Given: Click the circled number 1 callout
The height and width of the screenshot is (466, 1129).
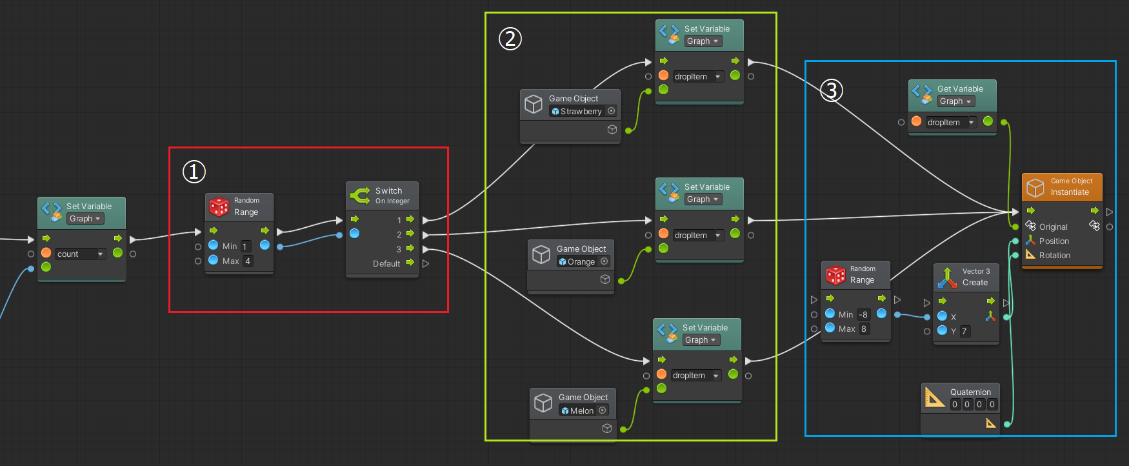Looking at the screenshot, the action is pos(194,172).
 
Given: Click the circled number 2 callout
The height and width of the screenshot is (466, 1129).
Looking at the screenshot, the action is pos(510,39).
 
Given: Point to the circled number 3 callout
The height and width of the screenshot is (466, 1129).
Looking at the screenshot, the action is pos(832,90).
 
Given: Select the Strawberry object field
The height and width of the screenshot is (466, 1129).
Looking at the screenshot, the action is pos(583,111).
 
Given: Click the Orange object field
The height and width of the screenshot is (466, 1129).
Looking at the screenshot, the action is pos(583,261).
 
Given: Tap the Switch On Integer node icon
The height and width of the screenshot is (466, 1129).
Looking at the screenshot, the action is pos(360,195).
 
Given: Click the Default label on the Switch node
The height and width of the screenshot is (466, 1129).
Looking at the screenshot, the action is pos(386,263).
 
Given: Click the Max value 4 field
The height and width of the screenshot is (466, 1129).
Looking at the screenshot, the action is pos(247,261).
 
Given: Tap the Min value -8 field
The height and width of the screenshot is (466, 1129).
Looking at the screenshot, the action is pos(863,314).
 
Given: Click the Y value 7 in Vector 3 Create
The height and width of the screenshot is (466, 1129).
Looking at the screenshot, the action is pos(964,331).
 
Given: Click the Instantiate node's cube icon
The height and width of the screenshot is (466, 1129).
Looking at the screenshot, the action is pos(1035,187).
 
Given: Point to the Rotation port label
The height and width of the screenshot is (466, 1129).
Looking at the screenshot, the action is pos(1055,255).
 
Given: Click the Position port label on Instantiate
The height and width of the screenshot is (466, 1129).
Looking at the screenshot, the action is pos(1054,241).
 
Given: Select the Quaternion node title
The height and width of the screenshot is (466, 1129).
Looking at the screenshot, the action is pos(970,392).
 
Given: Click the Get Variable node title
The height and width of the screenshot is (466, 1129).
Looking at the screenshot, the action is pos(960,88).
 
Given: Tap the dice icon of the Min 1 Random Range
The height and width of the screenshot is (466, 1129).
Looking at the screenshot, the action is pos(219,207).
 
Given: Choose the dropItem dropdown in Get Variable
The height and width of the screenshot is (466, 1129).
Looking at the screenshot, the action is pos(950,122).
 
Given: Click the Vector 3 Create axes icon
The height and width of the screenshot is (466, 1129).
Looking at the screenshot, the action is pos(946,278).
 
